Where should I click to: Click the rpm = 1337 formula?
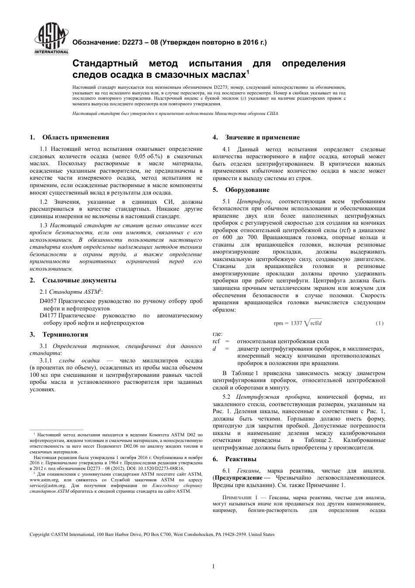point(301,323)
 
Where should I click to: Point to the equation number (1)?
point(380,323)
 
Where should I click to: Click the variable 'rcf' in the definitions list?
point(216,341)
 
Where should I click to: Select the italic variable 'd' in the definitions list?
point(214,349)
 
